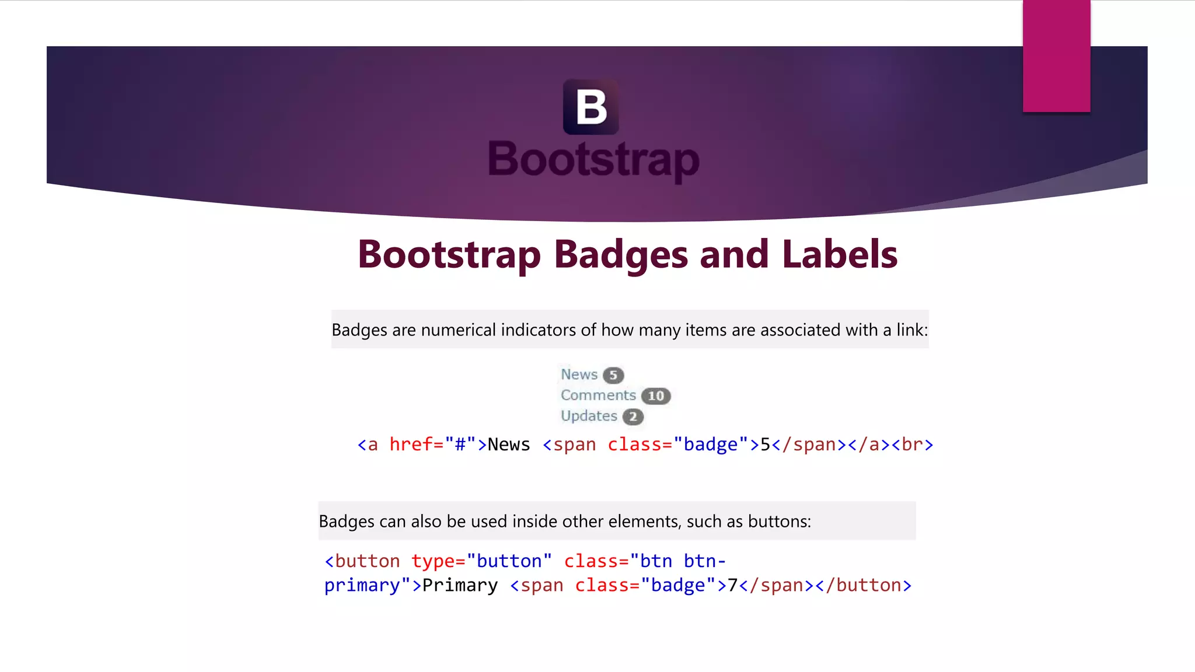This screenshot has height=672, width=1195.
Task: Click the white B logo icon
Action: [x=591, y=107]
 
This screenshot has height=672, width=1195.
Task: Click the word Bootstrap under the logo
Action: [x=593, y=159]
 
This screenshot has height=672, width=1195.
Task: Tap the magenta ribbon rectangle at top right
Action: [x=1056, y=56]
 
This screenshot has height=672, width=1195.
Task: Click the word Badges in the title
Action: [x=621, y=254]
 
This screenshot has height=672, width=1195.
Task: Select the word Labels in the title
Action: [x=839, y=254]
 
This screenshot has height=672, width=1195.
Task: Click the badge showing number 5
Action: [x=613, y=375]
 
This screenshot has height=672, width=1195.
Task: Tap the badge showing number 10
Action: [x=656, y=396]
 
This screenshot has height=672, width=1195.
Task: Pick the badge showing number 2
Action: [x=633, y=416]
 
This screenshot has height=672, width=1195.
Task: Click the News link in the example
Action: [x=579, y=374]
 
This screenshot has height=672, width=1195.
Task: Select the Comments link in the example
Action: [x=598, y=395]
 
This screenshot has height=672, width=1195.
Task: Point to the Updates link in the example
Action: [x=589, y=416]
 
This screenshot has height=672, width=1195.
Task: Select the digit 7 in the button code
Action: [x=733, y=585]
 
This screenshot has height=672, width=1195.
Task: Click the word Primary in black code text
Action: [x=460, y=585]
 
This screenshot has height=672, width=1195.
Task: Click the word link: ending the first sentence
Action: [x=912, y=330]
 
